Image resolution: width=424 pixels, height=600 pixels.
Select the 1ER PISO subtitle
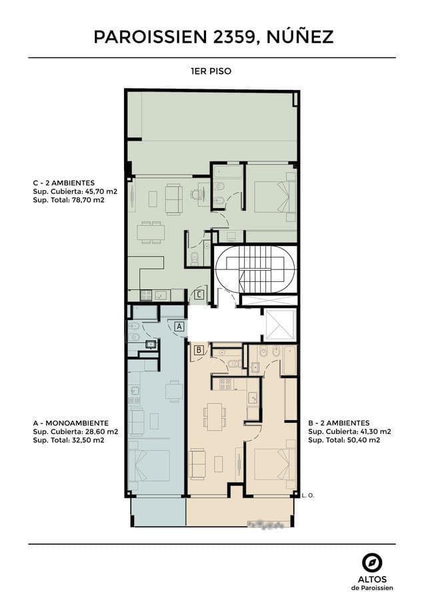[211, 71]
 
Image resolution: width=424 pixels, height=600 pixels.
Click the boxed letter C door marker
[199, 295]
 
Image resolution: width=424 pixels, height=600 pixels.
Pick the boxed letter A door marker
[179, 327]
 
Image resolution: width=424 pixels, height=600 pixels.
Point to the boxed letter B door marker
[199, 350]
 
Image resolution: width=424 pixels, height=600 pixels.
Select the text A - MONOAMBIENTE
[71, 423]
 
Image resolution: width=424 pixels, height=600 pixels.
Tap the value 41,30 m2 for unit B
[373, 431]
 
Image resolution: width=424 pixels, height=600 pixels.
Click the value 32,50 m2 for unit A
[88, 440]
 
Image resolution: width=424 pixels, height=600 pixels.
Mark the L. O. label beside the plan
[308, 495]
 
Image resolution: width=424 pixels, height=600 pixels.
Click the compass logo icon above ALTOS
[372, 563]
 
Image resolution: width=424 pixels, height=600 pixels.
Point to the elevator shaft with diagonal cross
[281, 325]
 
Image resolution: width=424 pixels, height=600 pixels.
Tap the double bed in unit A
[149, 465]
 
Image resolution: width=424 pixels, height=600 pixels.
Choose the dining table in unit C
[151, 232]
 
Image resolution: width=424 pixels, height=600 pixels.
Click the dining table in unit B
[214, 415]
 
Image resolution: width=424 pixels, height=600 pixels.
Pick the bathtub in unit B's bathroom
[290, 360]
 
